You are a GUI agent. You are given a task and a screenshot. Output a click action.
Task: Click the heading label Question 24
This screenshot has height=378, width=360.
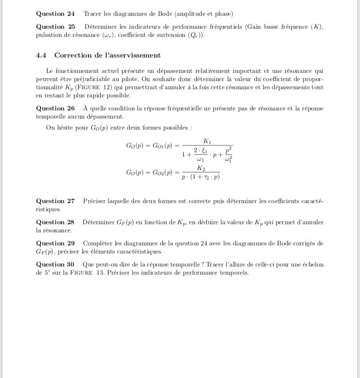click(x=55, y=14)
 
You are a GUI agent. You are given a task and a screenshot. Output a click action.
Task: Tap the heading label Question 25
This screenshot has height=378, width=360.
click(x=55, y=27)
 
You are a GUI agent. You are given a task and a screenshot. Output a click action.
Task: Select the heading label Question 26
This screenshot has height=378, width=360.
click(x=55, y=109)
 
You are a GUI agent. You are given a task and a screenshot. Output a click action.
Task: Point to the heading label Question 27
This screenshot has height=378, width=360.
click(x=55, y=201)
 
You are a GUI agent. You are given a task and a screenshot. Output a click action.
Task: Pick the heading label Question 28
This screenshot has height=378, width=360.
click(x=55, y=222)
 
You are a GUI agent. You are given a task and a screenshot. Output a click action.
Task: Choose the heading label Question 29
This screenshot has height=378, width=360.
click(x=55, y=244)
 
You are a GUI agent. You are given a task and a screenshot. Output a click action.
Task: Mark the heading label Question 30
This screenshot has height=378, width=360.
click(x=55, y=265)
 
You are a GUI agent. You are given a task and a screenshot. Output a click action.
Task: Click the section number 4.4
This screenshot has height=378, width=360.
click(x=42, y=55)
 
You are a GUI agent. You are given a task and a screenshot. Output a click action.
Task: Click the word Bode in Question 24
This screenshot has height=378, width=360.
click(x=176, y=14)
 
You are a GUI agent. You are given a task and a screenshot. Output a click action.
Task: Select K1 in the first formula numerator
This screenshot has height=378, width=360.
click(x=207, y=141)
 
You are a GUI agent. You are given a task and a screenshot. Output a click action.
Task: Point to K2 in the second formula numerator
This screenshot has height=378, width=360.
click(x=201, y=168)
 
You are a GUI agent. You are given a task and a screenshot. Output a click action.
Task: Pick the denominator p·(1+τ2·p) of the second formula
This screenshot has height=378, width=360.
click(x=201, y=177)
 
